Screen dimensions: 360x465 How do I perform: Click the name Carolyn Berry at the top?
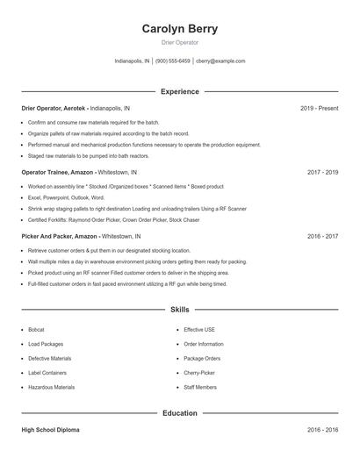tap(180, 29)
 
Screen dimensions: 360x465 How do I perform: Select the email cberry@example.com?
tap(220, 61)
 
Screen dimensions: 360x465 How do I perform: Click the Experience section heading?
tap(180, 91)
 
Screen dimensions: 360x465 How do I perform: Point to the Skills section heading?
tap(180, 310)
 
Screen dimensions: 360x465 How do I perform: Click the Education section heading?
tap(180, 412)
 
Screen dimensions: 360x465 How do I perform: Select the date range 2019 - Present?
tap(319, 108)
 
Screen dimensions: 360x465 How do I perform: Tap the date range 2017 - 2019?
tap(322, 173)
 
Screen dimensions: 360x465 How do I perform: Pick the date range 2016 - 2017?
tap(322, 236)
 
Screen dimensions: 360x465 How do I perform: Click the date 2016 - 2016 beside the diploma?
tap(322, 431)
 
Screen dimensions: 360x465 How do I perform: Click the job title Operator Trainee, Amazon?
tap(57, 173)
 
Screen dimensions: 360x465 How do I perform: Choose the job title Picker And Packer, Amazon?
tap(60, 236)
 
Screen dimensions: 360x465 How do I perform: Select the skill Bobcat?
tap(36, 330)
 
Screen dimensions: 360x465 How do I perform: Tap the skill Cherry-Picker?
tap(199, 373)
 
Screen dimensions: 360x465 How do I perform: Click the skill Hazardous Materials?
tap(51, 387)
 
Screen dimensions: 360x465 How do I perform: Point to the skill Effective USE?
tap(199, 330)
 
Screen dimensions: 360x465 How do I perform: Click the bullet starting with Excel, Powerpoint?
tap(66, 198)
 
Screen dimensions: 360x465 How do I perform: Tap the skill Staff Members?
tap(200, 387)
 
